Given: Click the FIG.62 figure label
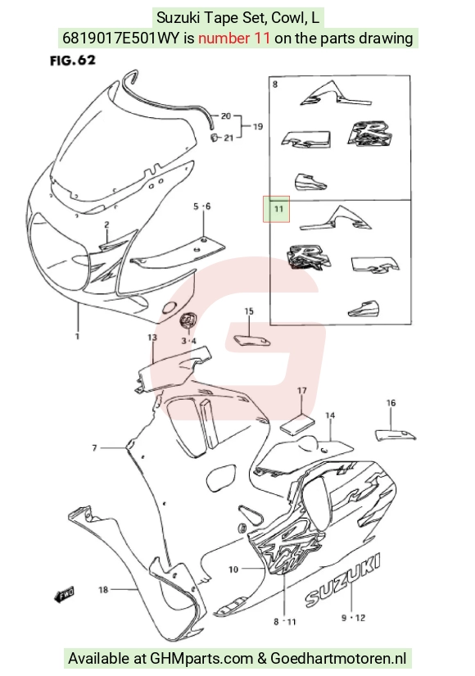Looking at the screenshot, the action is click(x=72, y=61).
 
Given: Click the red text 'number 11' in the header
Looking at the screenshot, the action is click(x=234, y=39).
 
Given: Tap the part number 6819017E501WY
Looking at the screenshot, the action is click(x=120, y=39).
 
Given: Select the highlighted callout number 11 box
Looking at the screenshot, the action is click(x=276, y=209).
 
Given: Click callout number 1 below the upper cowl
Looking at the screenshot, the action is click(x=78, y=336).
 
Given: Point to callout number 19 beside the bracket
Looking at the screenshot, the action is click(x=257, y=126).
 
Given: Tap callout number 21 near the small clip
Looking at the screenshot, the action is click(x=228, y=138).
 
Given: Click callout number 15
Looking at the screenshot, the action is click(x=249, y=311).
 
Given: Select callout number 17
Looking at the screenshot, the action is click(x=301, y=391).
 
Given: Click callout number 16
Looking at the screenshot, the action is click(x=391, y=402).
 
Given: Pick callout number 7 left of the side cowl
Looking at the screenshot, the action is click(x=94, y=448).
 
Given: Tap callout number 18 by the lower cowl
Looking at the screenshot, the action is click(x=103, y=589).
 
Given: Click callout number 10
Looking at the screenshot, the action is click(x=233, y=569).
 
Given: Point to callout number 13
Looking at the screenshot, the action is click(x=152, y=337).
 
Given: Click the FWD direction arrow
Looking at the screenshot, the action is click(x=64, y=595).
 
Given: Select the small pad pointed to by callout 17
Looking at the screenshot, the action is click(x=298, y=423).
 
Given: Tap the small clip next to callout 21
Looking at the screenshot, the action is click(x=212, y=137).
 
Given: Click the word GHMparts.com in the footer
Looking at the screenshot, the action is click(x=201, y=659).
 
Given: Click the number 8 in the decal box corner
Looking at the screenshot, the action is click(x=275, y=84).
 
